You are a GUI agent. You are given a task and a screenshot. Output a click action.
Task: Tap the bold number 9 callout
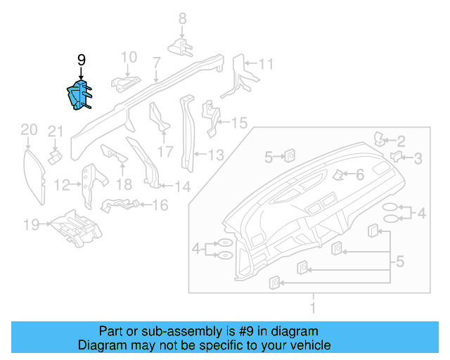click(81, 60)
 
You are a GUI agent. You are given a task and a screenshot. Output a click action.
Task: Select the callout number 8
click(181, 18)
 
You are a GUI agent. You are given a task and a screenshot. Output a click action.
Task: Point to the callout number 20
click(28, 129)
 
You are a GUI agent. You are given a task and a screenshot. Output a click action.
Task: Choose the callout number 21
click(56, 131)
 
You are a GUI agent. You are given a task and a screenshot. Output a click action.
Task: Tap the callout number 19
click(30, 225)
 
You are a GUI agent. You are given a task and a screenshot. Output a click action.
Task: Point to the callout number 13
click(215, 155)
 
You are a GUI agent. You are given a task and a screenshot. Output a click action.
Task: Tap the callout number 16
click(160, 205)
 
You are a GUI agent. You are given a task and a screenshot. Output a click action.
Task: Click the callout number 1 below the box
click(314, 307)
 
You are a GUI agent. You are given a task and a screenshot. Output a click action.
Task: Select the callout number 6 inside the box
click(359, 175)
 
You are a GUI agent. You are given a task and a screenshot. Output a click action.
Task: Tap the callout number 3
click(418, 159)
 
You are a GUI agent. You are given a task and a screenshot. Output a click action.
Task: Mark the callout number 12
click(62, 186)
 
